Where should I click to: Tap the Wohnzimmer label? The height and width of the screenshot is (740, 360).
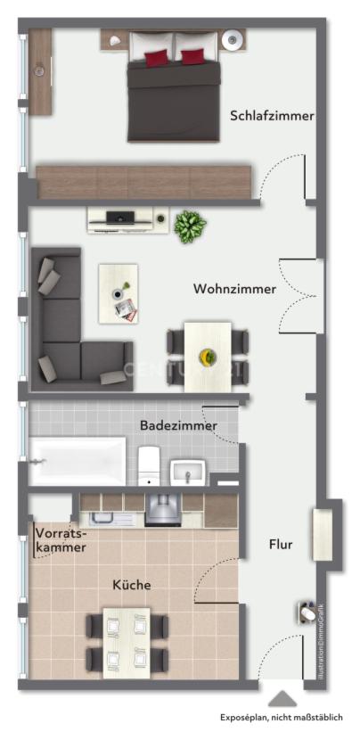pos(234,289)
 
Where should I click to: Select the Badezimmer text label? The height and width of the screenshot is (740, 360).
pos(178,425)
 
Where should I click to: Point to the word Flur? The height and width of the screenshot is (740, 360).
pos(281,543)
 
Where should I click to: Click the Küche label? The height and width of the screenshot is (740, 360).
pos(131,585)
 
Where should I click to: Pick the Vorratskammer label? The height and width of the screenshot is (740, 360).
pos(61,540)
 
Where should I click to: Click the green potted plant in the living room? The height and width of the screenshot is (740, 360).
pos(189,226)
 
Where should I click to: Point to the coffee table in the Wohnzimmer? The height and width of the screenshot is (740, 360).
pos(119,292)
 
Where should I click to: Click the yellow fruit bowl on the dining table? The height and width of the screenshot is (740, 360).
pos(208,357)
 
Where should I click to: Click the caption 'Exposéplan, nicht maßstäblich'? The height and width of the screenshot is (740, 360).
pos(282,717)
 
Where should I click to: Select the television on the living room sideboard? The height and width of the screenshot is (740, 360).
pos(120,215)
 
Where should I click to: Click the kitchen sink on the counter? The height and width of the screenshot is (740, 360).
pos(103,518)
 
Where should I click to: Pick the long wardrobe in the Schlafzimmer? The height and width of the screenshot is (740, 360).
pos(144,182)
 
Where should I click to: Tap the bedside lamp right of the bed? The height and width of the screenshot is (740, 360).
pos(233,38)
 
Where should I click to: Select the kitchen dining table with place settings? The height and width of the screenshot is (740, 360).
pos(127,642)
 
